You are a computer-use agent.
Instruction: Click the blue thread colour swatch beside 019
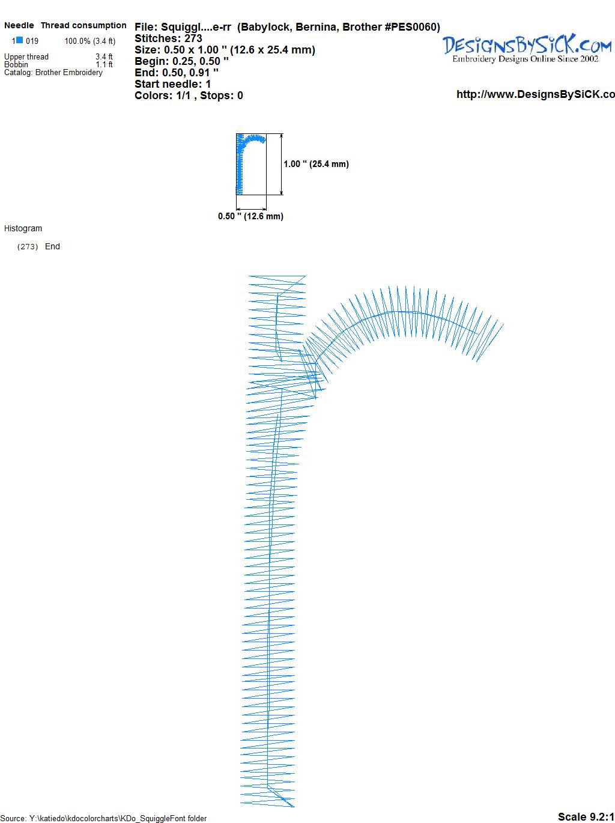click(19, 40)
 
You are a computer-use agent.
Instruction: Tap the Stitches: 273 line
click(168, 38)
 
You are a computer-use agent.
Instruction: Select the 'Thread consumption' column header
click(83, 25)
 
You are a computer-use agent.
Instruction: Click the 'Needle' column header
click(19, 25)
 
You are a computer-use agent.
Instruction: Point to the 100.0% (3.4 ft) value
click(90, 41)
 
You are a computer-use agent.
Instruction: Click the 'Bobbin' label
click(16, 64)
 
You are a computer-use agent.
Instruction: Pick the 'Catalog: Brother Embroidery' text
click(53, 72)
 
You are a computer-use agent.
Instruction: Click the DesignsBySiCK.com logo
click(527, 44)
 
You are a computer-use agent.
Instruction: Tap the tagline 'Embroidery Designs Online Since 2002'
click(526, 59)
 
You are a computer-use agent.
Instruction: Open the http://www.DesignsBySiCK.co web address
click(536, 94)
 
